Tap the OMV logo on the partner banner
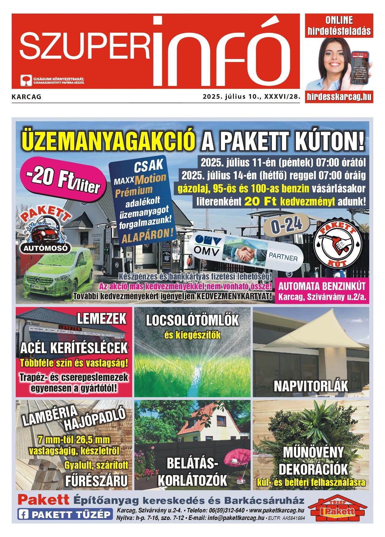point(207,245)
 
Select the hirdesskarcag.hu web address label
point(339,97)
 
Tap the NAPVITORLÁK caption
point(311,386)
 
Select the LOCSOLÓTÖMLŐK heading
point(192,321)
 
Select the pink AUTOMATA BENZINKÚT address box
point(322,291)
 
